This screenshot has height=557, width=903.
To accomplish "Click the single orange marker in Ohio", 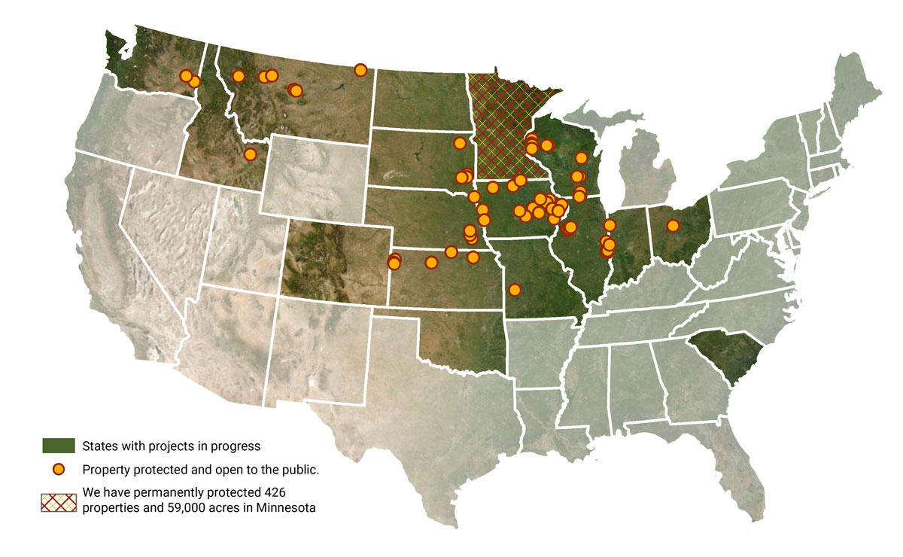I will point(673,225).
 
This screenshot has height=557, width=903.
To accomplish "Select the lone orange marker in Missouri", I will point(515,290).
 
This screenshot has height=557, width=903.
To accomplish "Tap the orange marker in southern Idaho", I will point(251,154).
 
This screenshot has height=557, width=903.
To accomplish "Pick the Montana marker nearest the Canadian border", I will point(360,70).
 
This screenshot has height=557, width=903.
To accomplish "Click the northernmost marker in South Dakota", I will point(459,143).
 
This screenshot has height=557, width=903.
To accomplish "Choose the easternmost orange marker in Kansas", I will point(473,257).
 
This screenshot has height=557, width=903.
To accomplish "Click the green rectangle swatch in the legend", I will point(58,446).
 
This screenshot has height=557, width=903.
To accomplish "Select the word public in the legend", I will point(303,470).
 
